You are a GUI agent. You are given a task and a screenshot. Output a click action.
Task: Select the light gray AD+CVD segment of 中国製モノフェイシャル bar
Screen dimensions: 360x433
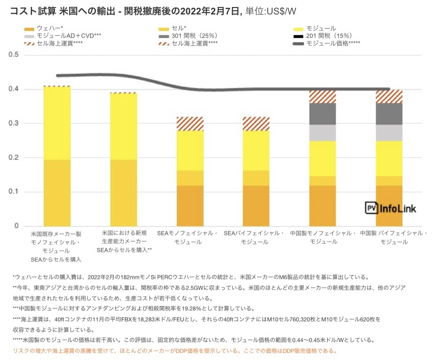coord(323,133)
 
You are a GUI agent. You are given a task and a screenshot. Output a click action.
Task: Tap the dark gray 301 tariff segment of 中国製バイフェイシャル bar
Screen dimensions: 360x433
coord(389,114)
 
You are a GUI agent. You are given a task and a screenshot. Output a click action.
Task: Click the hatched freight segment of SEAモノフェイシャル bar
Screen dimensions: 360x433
coord(189,124)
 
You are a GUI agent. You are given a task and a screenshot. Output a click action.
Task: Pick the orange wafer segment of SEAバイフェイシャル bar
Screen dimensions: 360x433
coord(256,205)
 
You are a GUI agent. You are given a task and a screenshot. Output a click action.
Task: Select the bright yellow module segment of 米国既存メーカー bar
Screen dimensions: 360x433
coord(56,123)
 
